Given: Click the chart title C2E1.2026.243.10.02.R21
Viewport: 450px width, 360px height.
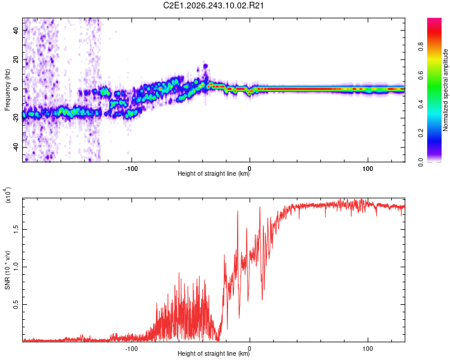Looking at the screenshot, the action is point(213,5).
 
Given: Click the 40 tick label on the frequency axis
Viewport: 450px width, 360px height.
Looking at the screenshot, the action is point(16,31).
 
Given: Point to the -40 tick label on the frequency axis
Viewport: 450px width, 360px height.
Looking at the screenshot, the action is point(16,148).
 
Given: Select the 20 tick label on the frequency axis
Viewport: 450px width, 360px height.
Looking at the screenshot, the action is point(16,60).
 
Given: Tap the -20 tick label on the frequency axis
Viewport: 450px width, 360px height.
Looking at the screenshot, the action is point(16,118).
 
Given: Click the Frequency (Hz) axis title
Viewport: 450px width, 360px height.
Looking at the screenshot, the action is point(7,90).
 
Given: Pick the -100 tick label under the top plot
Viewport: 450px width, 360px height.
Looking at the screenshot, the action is point(131,169).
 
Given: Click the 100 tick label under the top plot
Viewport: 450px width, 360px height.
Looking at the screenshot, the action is point(368,169).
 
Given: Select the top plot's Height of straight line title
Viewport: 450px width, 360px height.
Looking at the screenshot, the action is point(214,173).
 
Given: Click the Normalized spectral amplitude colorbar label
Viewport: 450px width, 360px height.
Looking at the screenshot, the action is point(445,90).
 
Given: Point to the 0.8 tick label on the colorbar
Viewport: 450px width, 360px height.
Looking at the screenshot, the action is point(421,46).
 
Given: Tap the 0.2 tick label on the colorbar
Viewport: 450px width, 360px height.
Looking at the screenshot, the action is point(421,133).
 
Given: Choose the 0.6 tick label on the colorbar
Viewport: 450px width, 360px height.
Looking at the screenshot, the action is point(421,75).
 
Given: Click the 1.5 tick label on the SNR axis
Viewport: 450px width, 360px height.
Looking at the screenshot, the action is point(16,230).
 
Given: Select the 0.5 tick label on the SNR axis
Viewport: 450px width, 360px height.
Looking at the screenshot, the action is point(16,304).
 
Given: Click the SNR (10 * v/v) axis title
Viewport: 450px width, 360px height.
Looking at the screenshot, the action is point(7,270).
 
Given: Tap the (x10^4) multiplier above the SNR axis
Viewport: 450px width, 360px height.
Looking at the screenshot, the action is point(8,195).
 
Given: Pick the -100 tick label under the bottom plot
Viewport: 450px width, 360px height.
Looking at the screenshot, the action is point(131,349).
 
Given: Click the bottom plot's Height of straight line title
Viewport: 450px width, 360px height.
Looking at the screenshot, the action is point(214,353).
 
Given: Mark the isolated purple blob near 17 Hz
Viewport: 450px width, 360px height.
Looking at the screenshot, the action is point(205,66).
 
